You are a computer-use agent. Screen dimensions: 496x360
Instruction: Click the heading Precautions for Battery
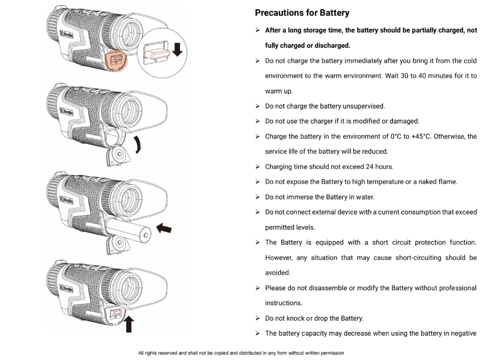coord(302,13)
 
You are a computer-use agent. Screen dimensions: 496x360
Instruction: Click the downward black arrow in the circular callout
coord(177,50)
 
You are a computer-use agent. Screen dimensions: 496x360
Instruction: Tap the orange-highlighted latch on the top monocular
coord(116,60)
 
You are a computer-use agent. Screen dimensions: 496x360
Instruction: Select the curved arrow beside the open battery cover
coord(138,145)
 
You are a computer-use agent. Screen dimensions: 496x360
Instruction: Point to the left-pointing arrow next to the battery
coord(164,228)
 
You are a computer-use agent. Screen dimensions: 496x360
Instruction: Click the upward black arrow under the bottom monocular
coord(129,324)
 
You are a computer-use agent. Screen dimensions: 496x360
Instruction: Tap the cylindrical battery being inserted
coord(129,231)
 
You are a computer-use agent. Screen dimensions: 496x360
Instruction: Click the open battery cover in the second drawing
coord(118,155)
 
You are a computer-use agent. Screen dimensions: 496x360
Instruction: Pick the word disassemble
coord(328,288)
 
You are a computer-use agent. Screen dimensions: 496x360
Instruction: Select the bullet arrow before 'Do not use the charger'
coord(258,121)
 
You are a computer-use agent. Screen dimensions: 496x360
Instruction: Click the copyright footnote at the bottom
coord(241,353)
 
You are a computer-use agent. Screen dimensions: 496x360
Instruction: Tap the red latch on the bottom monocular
coord(116,313)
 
